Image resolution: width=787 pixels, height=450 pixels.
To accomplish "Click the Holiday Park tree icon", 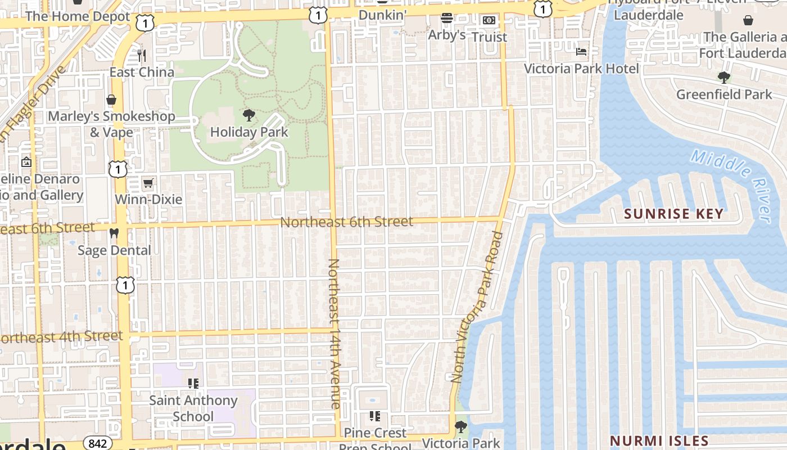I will click(248, 116).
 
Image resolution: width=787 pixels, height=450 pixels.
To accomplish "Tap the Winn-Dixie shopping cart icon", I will click(148, 183).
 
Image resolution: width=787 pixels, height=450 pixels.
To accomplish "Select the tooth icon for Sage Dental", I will click(114, 233).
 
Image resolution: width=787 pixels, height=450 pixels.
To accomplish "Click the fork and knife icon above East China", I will click(142, 55).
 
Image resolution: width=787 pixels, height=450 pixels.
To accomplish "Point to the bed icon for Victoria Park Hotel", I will click(581, 52).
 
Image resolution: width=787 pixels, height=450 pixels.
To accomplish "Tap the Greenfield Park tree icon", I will click(723, 78).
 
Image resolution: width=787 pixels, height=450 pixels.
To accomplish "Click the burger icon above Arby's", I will click(447, 19).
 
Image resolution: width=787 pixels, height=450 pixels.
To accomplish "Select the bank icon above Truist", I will click(489, 20).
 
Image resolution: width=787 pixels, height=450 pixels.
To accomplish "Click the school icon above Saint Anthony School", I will click(193, 384).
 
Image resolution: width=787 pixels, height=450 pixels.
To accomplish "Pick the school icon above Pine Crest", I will click(375, 416).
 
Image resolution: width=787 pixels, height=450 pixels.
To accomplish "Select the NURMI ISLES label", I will click(659, 440).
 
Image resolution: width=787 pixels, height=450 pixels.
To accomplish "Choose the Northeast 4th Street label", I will click(62, 337).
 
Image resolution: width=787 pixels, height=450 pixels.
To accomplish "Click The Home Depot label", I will click(77, 16).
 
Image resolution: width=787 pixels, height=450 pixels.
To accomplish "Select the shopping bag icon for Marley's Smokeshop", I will click(111, 100).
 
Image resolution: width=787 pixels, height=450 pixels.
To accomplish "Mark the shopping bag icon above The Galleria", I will click(748, 21).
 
